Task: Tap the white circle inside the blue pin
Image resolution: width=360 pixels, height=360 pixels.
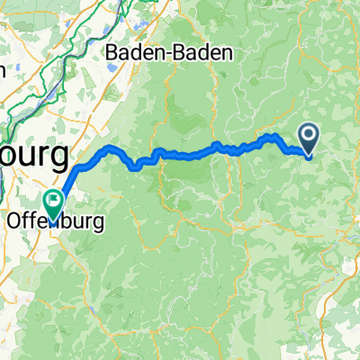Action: (x=309, y=135)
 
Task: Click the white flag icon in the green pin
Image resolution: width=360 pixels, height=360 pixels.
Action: (x=54, y=198)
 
